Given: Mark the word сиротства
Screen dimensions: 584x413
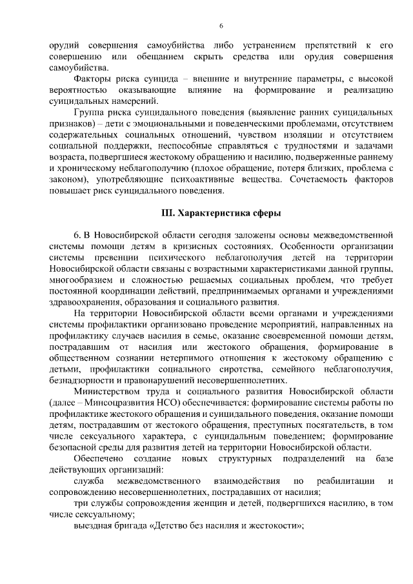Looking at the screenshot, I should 228,369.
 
